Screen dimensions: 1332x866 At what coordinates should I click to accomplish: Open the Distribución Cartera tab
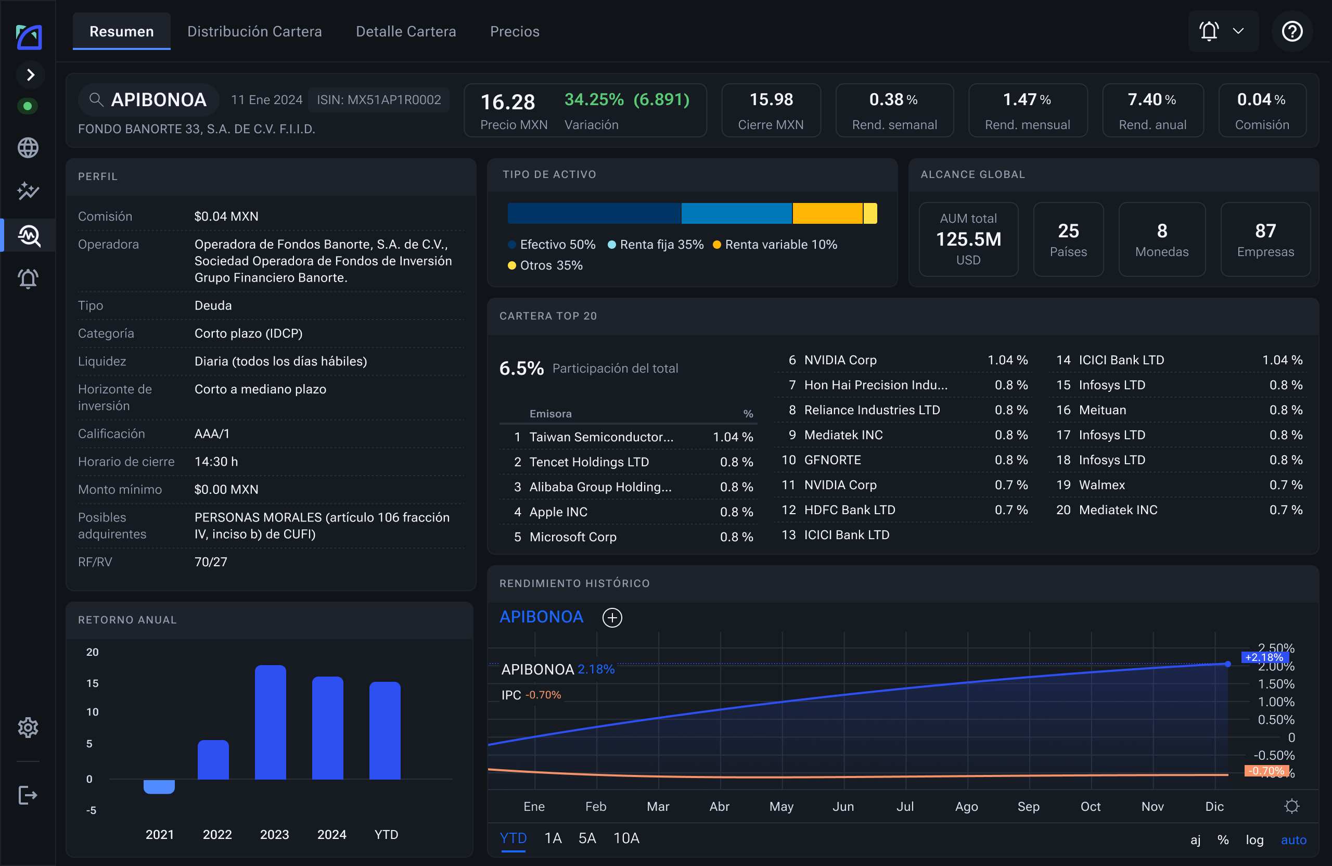254,31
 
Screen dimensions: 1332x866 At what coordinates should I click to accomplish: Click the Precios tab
515,31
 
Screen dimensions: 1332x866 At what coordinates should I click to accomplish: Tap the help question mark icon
1292,31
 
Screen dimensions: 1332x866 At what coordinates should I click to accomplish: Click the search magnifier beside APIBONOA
96,99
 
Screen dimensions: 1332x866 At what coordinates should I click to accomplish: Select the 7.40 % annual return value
1152,99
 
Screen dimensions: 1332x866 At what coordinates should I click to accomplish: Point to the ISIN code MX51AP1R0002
379,99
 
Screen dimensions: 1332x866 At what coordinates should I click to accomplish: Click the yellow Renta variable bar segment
827,213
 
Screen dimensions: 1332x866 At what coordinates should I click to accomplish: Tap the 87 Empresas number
1265,231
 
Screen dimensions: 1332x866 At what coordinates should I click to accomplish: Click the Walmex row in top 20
1179,485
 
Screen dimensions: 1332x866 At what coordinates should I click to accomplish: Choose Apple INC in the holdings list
558,512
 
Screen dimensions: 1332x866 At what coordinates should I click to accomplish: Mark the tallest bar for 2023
271,722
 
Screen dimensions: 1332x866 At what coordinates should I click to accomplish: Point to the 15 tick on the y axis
92,683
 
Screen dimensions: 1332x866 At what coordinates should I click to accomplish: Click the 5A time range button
587,838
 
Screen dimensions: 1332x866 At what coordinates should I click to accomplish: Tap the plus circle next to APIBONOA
612,617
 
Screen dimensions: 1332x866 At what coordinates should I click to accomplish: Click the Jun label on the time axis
843,806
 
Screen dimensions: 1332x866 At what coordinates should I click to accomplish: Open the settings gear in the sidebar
28,728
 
